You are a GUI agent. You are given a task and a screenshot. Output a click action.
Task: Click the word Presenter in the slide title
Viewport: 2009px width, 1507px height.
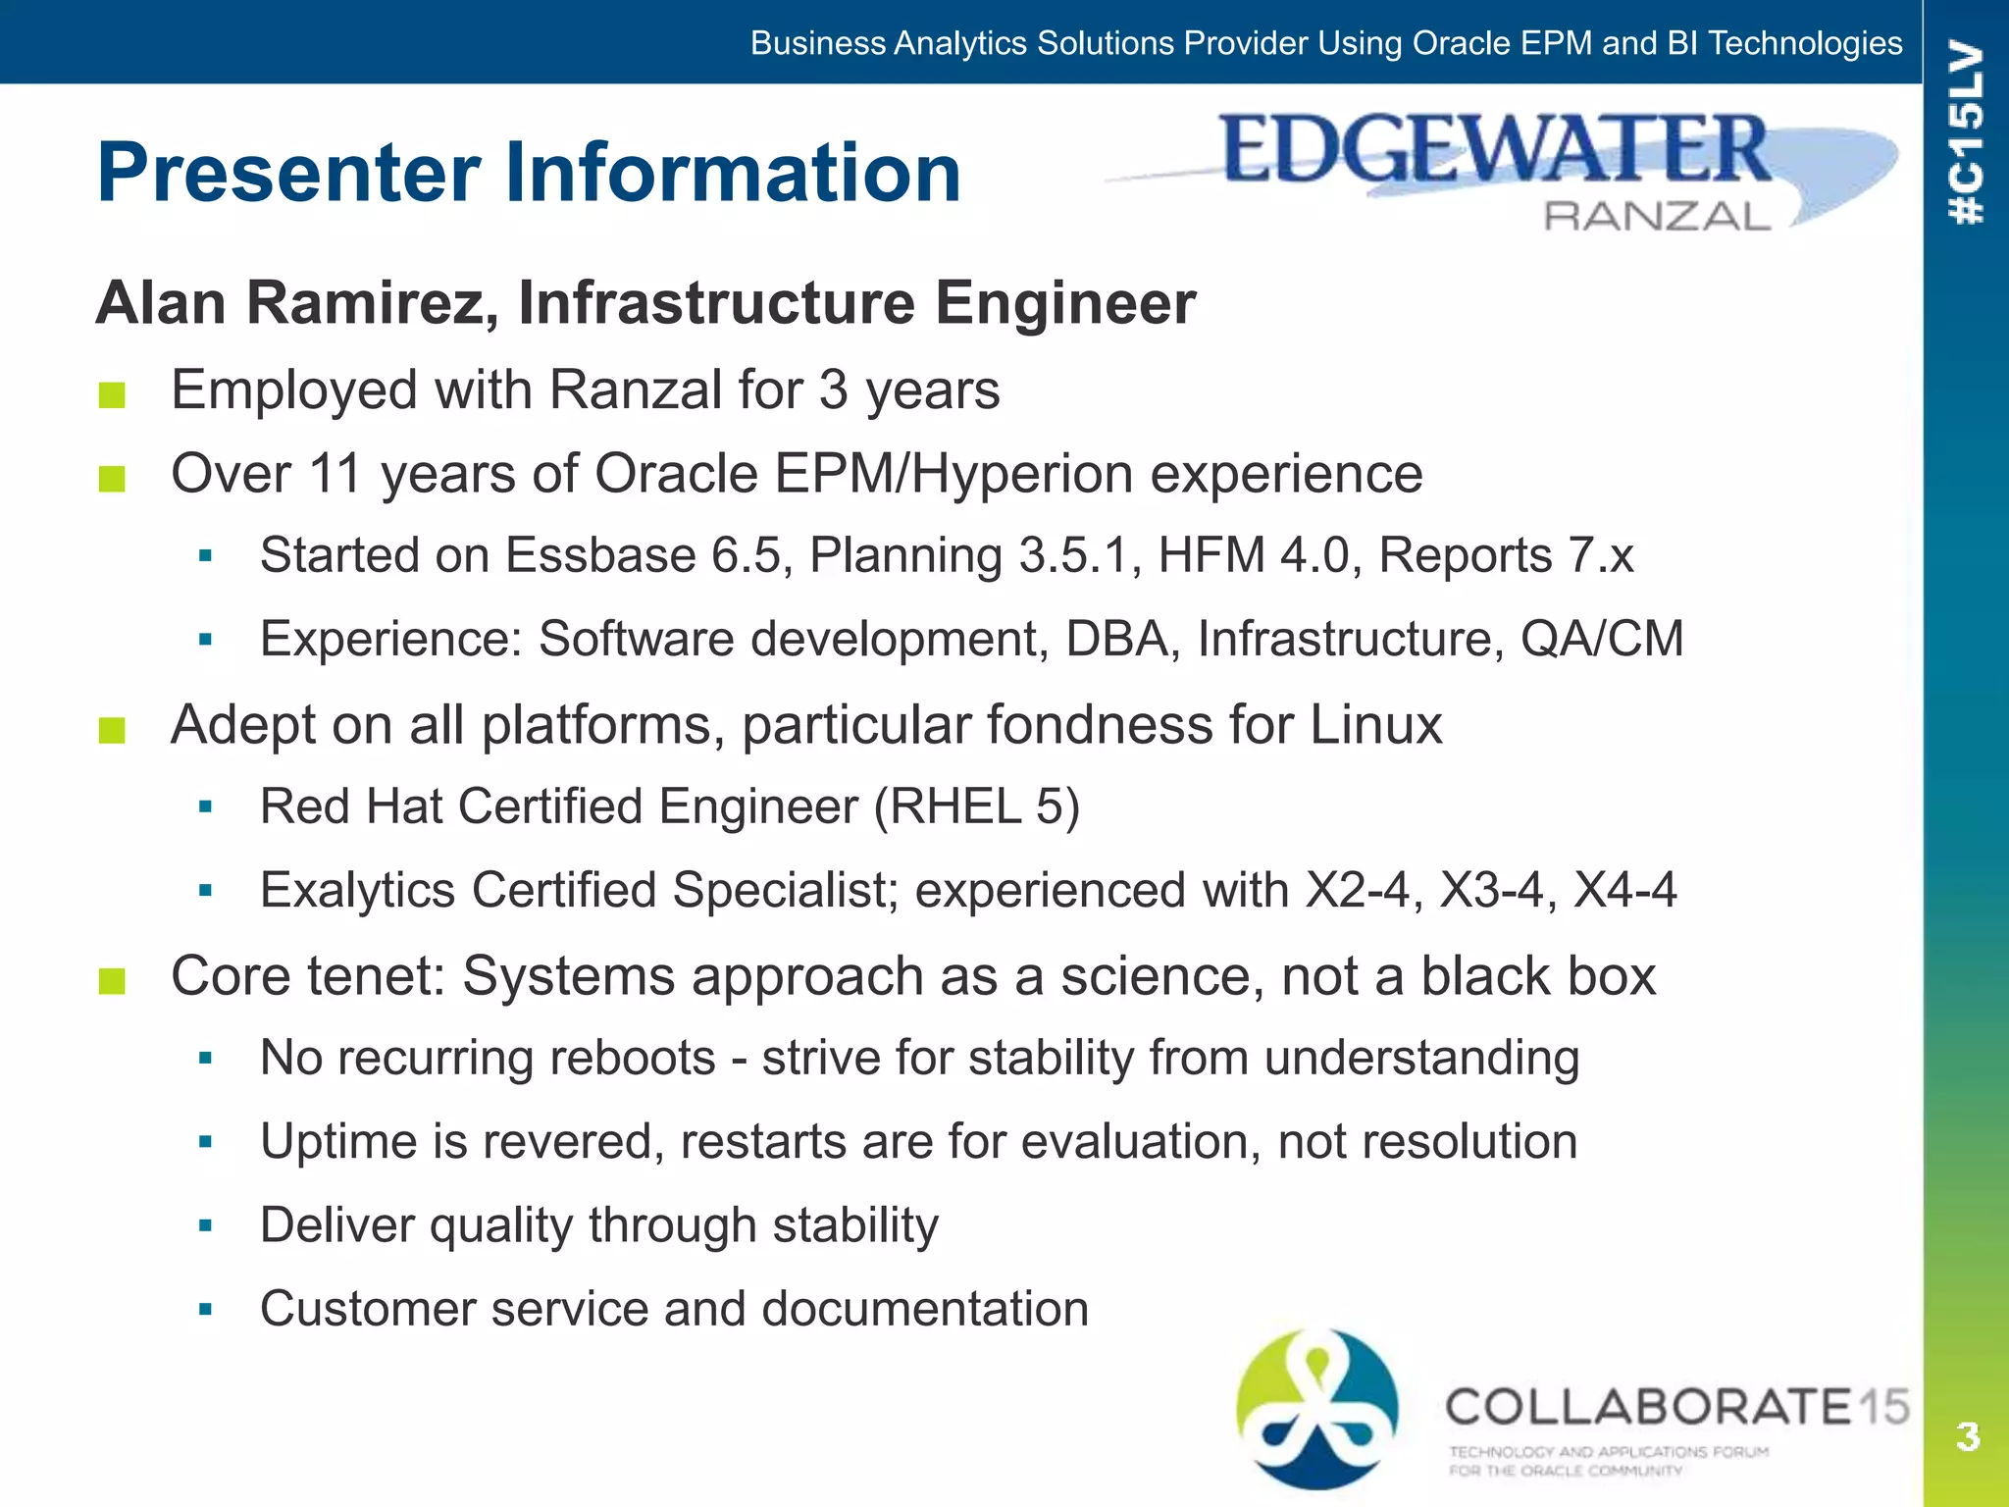(289, 174)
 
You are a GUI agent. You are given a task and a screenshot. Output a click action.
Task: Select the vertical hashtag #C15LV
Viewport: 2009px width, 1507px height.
(1967, 132)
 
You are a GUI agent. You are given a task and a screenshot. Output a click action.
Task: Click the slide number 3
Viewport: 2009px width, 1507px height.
(1967, 1436)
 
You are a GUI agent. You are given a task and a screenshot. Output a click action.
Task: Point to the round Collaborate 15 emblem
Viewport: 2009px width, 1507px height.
(1317, 1408)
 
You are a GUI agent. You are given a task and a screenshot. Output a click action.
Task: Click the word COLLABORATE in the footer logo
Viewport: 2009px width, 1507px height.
(1648, 1407)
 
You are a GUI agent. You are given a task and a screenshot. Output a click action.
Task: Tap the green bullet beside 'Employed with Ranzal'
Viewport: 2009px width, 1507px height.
(112, 394)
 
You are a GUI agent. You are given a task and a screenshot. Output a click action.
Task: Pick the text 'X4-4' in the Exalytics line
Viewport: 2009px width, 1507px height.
(1624, 891)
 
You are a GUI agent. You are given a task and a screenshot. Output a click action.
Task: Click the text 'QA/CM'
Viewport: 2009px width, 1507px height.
(1602, 640)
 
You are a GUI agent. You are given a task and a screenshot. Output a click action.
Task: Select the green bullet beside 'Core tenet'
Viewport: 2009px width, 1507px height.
(112, 980)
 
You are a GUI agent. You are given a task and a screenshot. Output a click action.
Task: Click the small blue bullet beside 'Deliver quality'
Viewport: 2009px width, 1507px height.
(205, 1225)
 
